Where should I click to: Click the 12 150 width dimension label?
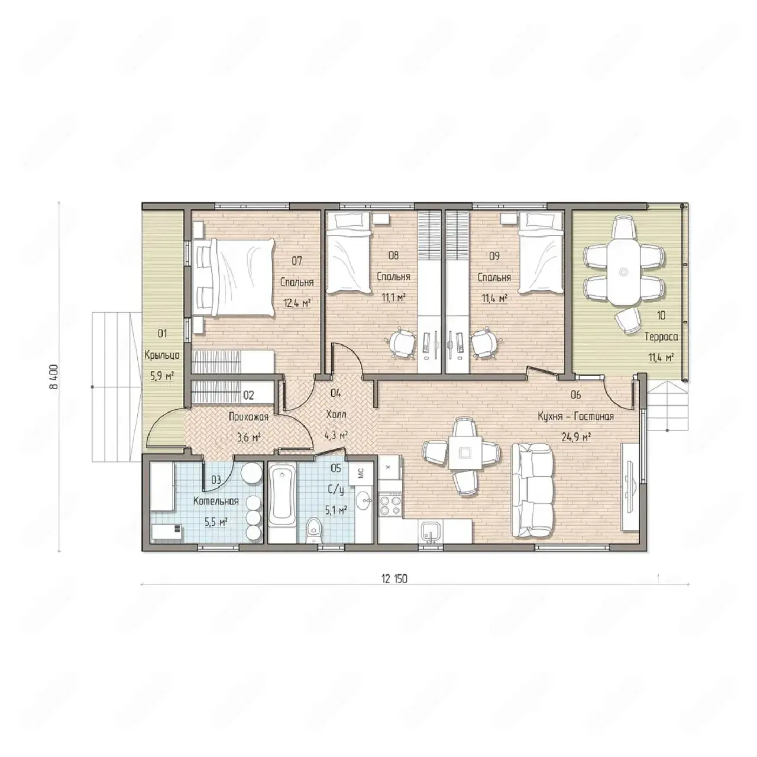(394, 578)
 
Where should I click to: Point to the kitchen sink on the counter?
(431, 532)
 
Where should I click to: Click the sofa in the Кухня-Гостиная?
(533, 491)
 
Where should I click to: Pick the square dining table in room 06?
(465, 452)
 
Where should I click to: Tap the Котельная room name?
(216, 502)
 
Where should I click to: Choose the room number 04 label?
(335, 393)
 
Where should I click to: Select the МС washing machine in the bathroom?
(361, 473)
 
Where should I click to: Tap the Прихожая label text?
(248, 417)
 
